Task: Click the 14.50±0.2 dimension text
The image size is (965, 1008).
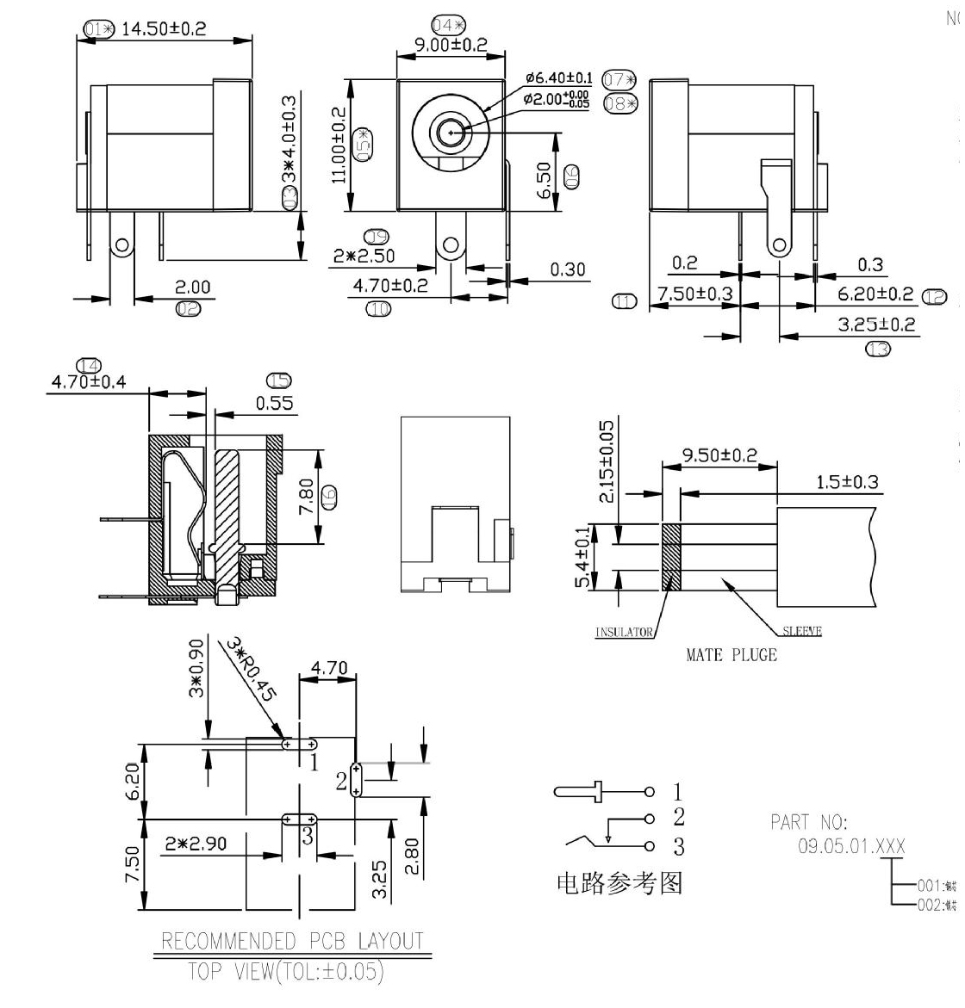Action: [163, 28]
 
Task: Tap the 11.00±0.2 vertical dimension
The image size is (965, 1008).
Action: [339, 144]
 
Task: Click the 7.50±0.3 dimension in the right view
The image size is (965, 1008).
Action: [694, 294]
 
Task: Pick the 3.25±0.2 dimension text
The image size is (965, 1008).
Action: [877, 325]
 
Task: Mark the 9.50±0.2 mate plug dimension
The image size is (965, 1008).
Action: [719, 455]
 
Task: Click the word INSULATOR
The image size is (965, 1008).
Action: [625, 633]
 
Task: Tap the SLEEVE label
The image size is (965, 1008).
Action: [802, 631]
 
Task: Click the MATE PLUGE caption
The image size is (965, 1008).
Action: [731, 655]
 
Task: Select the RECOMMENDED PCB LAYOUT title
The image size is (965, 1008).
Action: [293, 941]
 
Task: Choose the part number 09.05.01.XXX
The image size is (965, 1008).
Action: [851, 846]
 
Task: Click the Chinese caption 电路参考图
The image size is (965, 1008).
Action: [619, 884]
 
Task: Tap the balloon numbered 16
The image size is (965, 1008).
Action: [328, 497]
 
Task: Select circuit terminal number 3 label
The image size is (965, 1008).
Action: [678, 846]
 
